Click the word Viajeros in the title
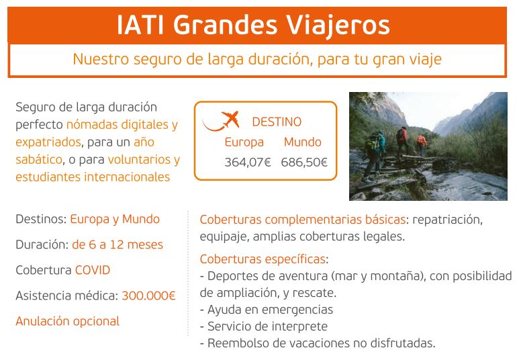337,26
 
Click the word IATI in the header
140,25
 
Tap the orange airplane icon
222,121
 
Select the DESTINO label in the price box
277,122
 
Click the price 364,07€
248,163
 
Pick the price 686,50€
304,163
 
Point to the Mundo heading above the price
302,142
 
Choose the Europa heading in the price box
244,142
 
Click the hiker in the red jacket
402,141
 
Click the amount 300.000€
148,296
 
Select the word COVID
93,270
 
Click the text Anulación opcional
67,321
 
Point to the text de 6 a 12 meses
117,245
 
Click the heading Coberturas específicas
263,259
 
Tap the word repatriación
447,220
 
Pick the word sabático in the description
39,159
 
